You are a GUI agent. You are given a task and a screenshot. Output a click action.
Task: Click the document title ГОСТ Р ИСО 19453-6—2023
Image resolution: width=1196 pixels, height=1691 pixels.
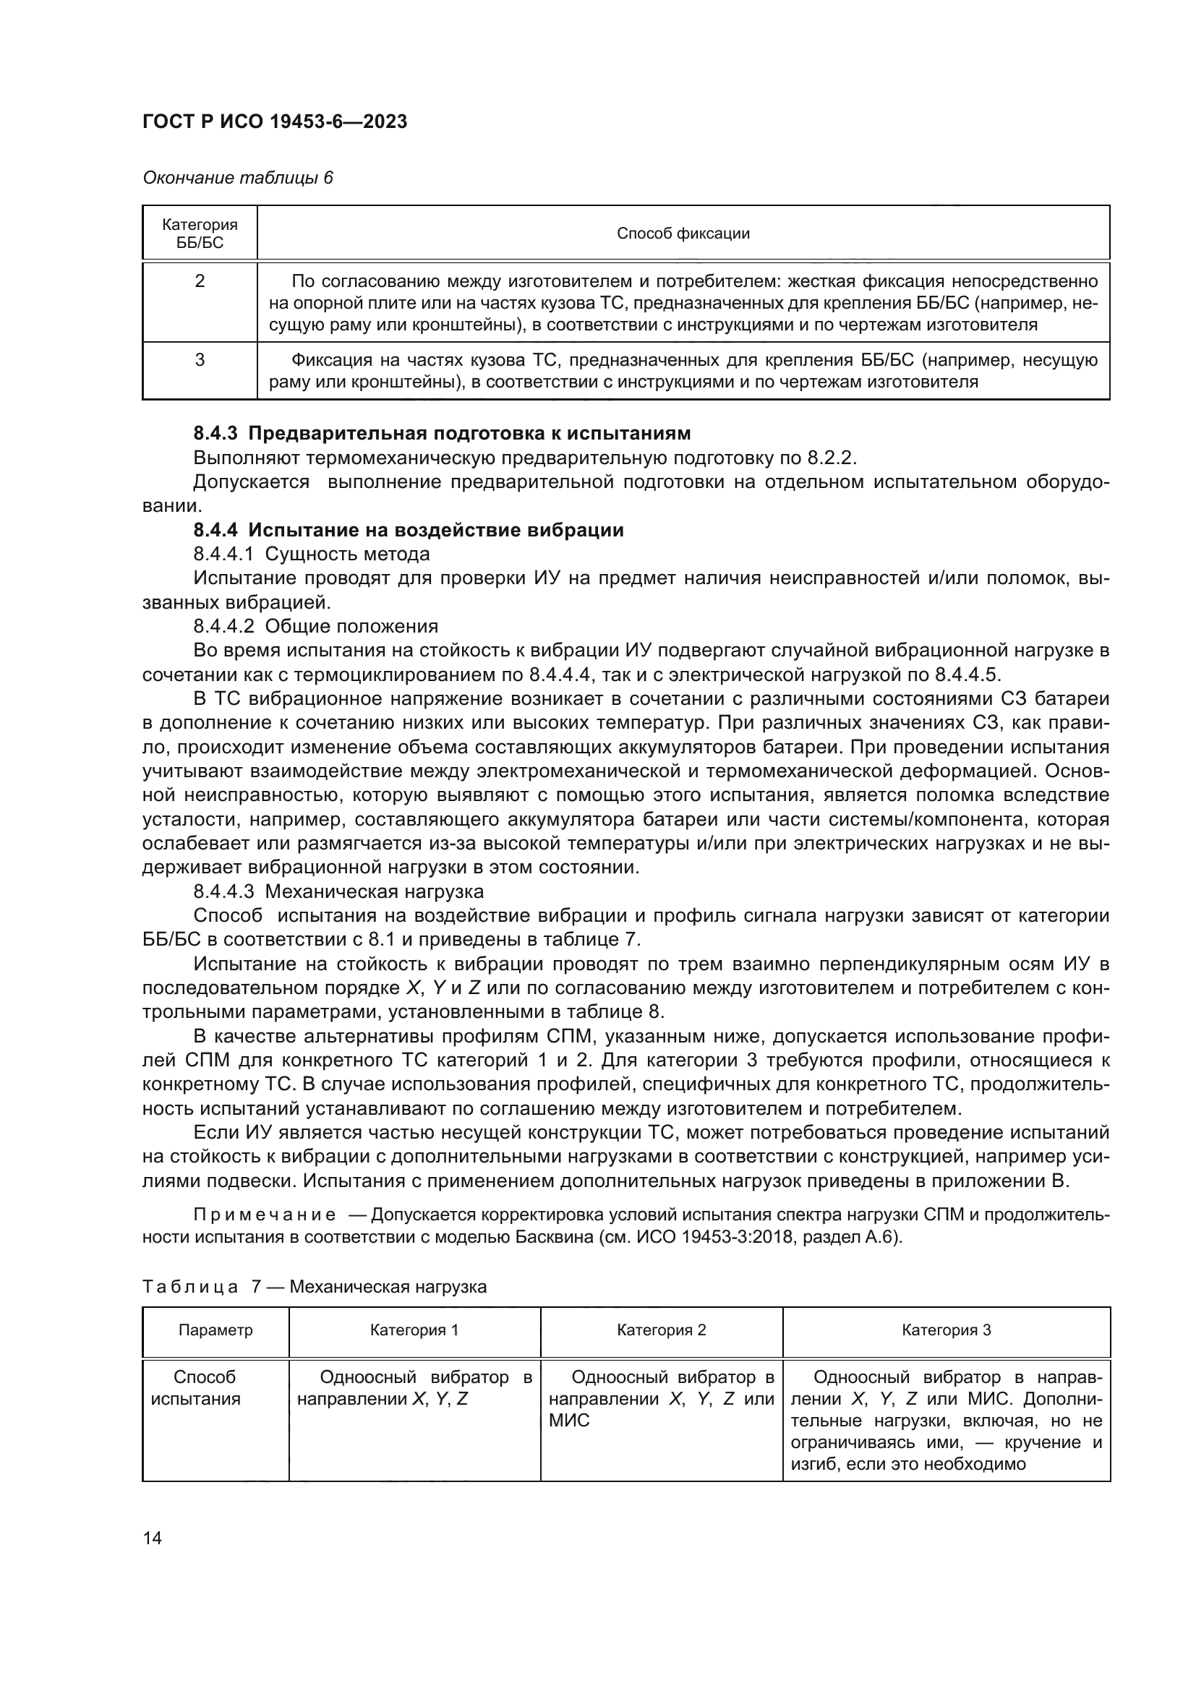pyautogui.click(x=275, y=122)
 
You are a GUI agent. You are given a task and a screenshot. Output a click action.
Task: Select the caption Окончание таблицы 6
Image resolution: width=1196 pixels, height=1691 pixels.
pyautogui.click(x=237, y=179)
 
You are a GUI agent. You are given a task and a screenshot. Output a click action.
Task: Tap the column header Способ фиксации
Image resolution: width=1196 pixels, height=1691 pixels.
pyautogui.click(x=683, y=234)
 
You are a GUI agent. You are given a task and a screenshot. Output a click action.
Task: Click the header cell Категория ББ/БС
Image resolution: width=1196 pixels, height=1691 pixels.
pyautogui.click(x=200, y=234)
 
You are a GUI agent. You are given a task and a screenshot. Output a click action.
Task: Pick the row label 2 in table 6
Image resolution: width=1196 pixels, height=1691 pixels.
pyautogui.click(x=200, y=281)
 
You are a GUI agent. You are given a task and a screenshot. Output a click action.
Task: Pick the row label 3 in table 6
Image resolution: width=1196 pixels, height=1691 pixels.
pyautogui.click(x=200, y=360)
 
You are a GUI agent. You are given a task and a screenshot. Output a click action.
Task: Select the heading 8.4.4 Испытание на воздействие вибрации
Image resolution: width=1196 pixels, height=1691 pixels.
pyautogui.click(x=409, y=530)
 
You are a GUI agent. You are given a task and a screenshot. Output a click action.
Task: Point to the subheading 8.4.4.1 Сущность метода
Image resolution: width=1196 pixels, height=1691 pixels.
pyautogui.click(x=312, y=554)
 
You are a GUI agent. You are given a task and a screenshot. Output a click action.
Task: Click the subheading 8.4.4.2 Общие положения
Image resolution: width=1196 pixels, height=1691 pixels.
pyautogui.click(x=315, y=626)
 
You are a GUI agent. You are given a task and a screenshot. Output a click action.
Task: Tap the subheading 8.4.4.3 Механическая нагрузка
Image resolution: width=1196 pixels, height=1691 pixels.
pyautogui.click(x=338, y=892)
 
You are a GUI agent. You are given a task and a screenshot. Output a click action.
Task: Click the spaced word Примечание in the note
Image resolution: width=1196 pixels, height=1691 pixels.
pyautogui.click(x=265, y=1215)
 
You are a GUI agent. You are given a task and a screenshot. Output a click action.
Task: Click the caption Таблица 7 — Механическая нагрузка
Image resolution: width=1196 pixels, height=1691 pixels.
pyautogui.click(x=315, y=1287)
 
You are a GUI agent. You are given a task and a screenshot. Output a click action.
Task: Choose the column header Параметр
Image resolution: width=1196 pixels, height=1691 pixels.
pyautogui.click(x=215, y=1330)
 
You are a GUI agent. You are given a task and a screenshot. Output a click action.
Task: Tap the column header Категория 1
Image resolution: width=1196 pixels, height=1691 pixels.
pyautogui.click(x=414, y=1330)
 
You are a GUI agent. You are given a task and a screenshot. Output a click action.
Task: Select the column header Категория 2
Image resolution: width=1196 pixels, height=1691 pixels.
pyautogui.click(x=662, y=1330)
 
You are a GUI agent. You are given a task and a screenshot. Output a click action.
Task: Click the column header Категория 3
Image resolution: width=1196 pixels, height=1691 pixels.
pyautogui.click(x=947, y=1330)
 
